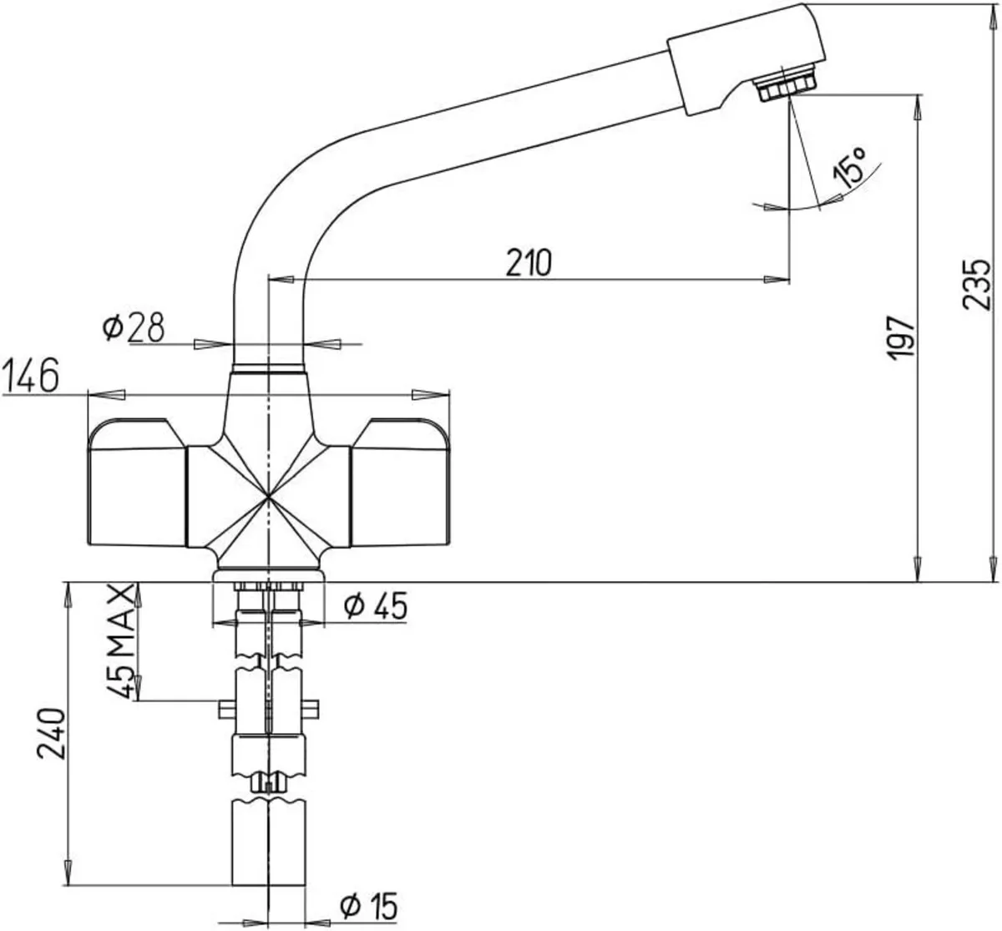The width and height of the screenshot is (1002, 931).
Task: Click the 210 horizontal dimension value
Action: pos(529,263)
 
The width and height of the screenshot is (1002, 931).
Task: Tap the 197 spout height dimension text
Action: pos(901,338)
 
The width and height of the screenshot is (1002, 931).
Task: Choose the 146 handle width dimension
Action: pos(31,376)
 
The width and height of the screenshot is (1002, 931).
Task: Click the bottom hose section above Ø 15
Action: pos(268,843)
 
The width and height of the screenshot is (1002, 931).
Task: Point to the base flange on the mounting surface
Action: pos(268,575)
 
